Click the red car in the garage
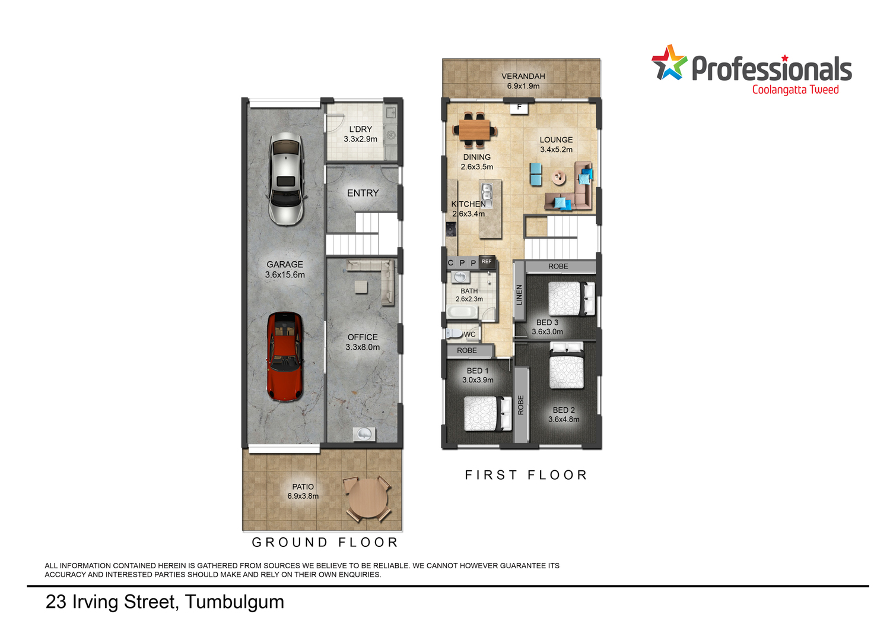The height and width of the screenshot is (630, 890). tap(284, 356)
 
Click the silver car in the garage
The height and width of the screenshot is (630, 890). tap(286, 179)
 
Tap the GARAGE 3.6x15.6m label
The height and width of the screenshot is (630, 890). tap(285, 269)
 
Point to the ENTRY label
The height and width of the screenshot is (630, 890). tap(363, 193)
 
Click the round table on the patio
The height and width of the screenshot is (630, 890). tap(367, 498)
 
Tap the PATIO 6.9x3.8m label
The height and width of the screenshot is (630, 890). tap(303, 491)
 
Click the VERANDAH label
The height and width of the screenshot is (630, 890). tap(523, 76)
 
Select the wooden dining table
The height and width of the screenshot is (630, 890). tap(475, 130)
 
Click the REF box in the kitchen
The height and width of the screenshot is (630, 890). tap(487, 261)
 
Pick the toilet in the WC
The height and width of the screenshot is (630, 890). tap(454, 333)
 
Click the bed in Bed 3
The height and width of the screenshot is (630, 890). tap(571, 298)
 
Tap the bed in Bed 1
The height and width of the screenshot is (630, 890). tap(488, 414)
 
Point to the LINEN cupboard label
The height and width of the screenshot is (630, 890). tap(519, 295)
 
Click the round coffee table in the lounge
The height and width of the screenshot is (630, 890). tap(559, 177)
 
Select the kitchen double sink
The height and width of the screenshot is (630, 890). tap(487, 194)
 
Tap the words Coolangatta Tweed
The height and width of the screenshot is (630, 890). tap(796, 90)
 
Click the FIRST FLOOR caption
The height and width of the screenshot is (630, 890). tap(526, 475)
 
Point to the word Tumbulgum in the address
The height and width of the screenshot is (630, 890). tap(234, 602)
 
